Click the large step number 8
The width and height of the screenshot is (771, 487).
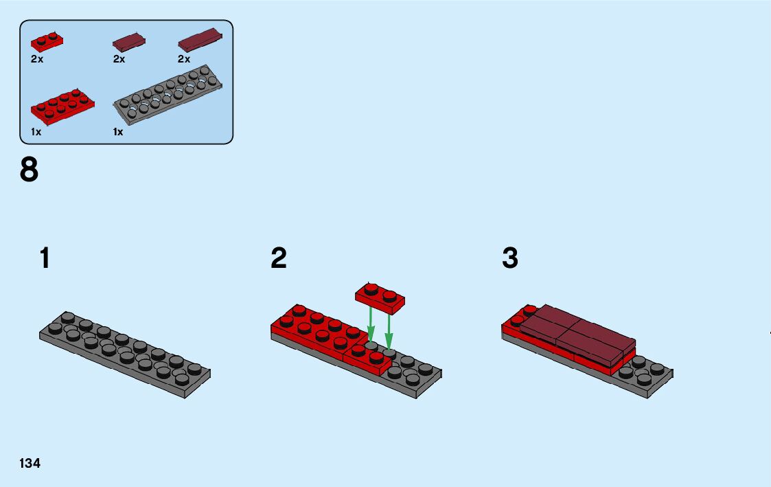(x=30, y=170)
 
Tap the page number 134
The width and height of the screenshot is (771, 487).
(x=30, y=464)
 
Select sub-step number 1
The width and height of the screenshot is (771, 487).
(x=45, y=259)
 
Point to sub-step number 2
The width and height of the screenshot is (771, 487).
(x=278, y=259)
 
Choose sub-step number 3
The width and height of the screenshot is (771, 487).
(x=510, y=259)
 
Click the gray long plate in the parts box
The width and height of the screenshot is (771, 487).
(x=169, y=95)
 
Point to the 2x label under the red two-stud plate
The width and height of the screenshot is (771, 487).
(x=37, y=59)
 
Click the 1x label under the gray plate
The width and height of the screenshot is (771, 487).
(x=118, y=132)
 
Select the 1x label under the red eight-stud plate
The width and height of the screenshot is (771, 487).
(x=36, y=132)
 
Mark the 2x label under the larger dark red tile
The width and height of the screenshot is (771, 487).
(x=184, y=59)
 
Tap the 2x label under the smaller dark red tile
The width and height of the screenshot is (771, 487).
(x=119, y=59)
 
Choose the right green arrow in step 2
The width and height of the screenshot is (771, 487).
(x=389, y=328)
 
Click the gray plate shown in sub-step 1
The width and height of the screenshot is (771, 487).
(x=125, y=354)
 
